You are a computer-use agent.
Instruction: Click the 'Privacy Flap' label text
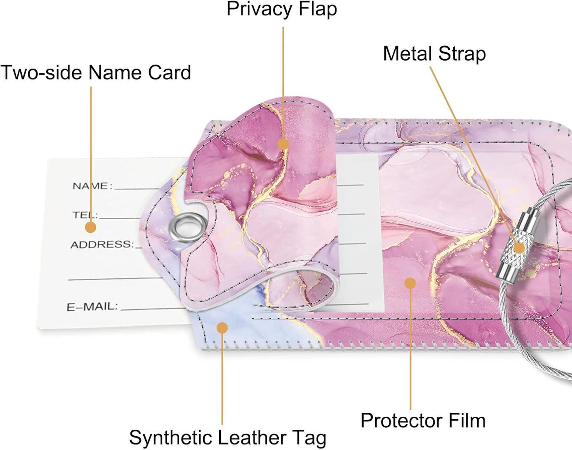(x=282, y=10)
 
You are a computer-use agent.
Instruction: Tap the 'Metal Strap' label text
(x=434, y=54)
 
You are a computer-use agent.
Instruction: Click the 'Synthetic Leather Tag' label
(x=228, y=438)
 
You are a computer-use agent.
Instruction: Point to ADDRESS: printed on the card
(x=103, y=244)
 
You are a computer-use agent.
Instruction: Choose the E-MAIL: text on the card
(x=92, y=307)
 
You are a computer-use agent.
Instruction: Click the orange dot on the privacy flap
(x=283, y=144)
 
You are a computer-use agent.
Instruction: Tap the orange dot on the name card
(x=91, y=227)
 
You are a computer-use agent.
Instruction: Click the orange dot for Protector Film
(x=410, y=283)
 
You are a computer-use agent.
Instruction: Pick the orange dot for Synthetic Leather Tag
(x=222, y=327)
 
